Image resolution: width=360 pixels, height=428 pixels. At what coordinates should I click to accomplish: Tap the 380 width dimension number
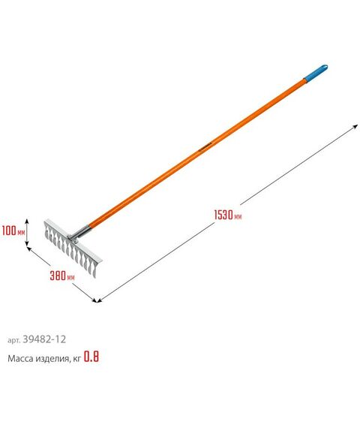56,276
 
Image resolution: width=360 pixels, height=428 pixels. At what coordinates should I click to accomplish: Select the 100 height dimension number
10,232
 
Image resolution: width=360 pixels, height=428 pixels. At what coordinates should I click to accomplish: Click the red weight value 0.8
91,357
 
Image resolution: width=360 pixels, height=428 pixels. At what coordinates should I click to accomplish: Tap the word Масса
22,358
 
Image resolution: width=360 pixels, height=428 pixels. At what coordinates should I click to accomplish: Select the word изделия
55,358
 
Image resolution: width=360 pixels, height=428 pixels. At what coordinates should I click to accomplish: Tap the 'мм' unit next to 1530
238,217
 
